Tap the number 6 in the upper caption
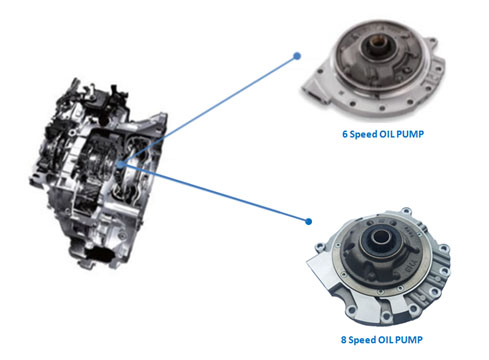[x=345, y=134]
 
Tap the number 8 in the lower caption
[x=344, y=340]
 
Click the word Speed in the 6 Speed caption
[x=364, y=134]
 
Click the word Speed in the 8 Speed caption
[x=362, y=340]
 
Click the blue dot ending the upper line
[x=297, y=56]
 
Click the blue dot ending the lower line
[x=309, y=221]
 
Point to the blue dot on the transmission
[x=121, y=164]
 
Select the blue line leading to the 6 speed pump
[x=209, y=110]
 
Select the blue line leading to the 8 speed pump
[x=215, y=192]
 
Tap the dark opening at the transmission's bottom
[x=99, y=254]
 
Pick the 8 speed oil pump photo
[x=378, y=266]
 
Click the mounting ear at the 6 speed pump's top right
[x=432, y=44]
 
